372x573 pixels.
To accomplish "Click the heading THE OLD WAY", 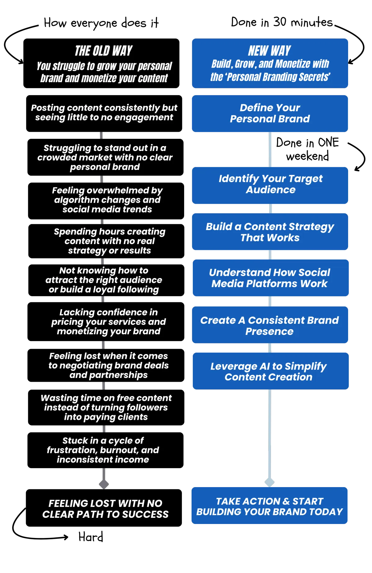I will point(104,51).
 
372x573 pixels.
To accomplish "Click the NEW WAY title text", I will point(269,51).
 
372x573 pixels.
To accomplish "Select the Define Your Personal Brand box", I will point(270,113).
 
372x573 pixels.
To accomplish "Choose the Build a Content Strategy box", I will point(270,232).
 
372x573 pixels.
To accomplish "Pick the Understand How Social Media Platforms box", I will point(270,278).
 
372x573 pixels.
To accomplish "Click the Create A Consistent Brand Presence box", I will point(270,326).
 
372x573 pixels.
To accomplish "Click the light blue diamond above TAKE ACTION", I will point(269,482).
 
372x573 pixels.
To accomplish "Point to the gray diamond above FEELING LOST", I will point(104,484).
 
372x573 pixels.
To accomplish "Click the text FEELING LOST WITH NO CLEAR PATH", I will point(105,509).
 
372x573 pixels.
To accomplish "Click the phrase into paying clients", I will point(106,417).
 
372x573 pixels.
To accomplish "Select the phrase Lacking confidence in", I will point(108,312).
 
